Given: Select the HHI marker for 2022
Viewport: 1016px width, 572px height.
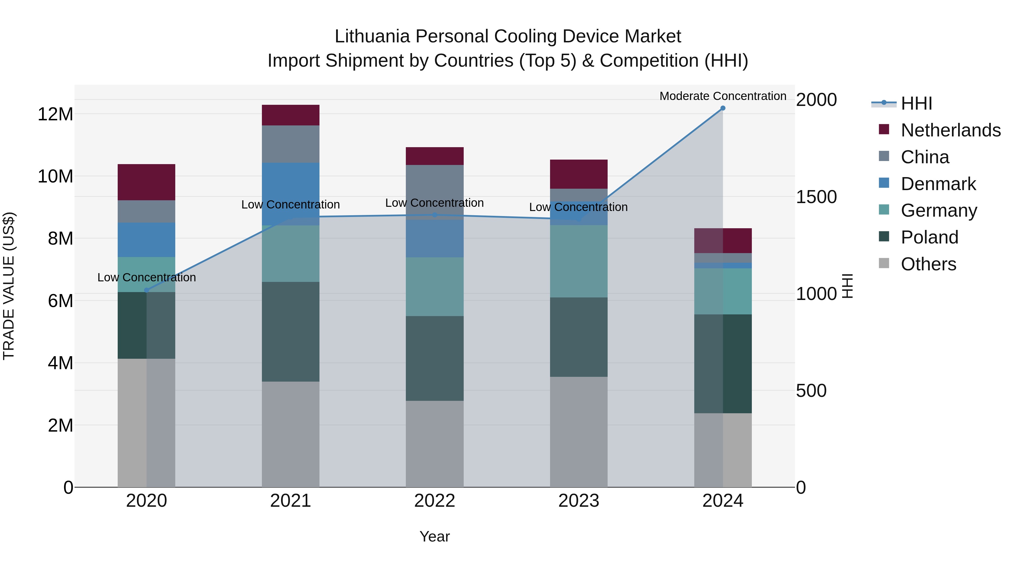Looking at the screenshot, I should click(x=435, y=215).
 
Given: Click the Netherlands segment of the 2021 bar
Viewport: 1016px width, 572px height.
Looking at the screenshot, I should click(x=290, y=115).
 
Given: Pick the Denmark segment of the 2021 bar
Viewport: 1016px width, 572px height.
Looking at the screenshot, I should click(x=290, y=193).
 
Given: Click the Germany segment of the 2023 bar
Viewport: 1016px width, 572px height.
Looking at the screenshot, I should click(x=579, y=261).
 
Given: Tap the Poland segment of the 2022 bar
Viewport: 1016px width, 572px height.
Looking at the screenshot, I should click(x=435, y=358).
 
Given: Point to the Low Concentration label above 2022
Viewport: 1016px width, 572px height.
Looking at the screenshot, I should click(x=435, y=203).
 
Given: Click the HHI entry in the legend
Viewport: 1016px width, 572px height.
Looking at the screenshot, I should click(x=916, y=103).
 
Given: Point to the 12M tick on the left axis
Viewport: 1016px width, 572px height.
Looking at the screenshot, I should click(x=55, y=114).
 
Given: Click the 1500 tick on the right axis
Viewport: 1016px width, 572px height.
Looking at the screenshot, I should click(x=816, y=197).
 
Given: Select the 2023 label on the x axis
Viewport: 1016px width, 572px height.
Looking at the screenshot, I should click(x=579, y=501).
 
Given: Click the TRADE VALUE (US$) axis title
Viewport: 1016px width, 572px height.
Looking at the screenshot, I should click(x=9, y=286).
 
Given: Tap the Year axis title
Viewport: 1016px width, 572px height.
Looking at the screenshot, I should click(x=435, y=536).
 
